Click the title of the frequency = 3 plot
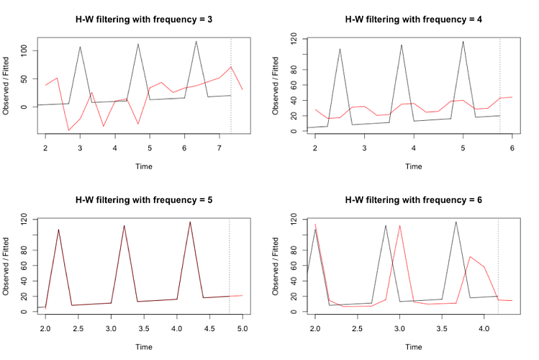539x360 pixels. pos(143,19)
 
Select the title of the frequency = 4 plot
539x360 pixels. pos(413,19)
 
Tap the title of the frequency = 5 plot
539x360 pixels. pos(143,199)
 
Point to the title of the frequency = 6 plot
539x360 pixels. pos(413,199)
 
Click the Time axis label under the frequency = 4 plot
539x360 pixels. pos(413,166)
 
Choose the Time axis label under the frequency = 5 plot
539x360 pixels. pos(143,346)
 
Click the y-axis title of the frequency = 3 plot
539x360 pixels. pos(6,85)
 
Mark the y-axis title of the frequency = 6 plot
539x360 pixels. pos(276,265)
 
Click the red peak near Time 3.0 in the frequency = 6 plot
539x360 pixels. pos(399,225)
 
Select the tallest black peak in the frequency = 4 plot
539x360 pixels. pos(463,41)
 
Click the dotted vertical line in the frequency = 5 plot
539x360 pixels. pos(230,266)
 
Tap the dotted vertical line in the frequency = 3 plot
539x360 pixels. pos(230,85)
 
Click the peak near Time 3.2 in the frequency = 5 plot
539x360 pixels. pos(124,225)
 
